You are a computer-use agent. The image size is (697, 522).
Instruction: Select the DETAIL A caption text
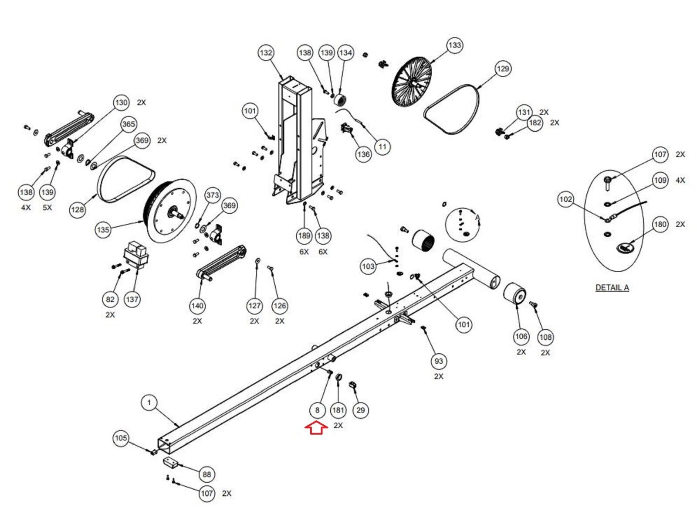[x=612, y=288]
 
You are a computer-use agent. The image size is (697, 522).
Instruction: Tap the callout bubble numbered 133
[x=454, y=45]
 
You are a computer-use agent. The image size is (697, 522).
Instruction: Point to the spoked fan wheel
[x=412, y=82]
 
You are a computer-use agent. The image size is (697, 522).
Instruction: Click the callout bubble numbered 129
[x=503, y=68]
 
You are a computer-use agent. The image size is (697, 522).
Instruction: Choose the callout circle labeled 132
[x=266, y=53]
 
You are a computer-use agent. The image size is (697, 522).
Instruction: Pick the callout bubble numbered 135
[x=103, y=229]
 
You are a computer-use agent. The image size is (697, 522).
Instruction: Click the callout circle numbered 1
[x=149, y=403]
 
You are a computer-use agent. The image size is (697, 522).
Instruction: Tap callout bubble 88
[x=206, y=474]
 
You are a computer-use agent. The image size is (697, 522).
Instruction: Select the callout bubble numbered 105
[x=121, y=438]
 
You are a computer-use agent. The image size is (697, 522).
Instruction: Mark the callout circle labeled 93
[x=439, y=361]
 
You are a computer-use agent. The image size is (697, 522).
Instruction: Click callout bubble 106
[x=521, y=336]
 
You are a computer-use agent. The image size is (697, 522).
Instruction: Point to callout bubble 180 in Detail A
[x=660, y=225]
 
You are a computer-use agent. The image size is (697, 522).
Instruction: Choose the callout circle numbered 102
[x=566, y=199]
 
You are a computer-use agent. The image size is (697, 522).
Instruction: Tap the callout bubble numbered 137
[x=132, y=299]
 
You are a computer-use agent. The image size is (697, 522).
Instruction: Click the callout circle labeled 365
[x=129, y=124]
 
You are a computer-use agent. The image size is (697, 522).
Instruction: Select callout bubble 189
[x=304, y=236]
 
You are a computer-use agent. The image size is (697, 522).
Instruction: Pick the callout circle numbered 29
[x=360, y=410]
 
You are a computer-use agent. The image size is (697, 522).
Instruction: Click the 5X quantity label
[x=47, y=208]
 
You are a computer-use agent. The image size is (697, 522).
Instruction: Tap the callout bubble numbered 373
[x=213, y=194]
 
